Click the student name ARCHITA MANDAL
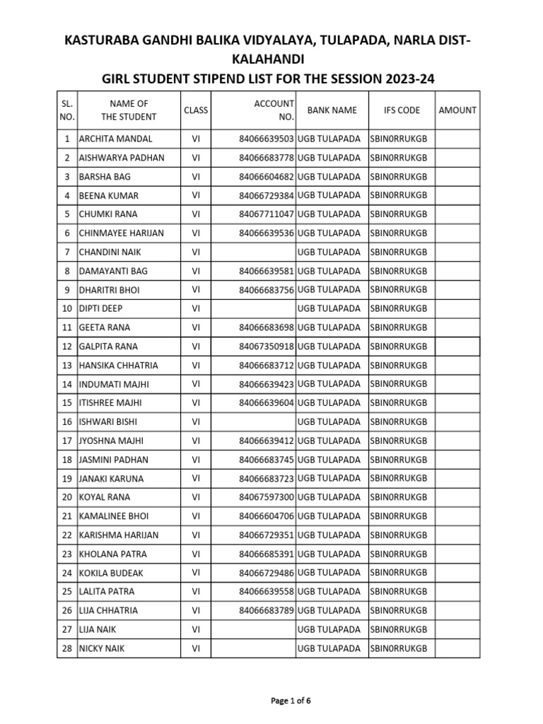(115, 139)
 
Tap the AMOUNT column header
(457, 110)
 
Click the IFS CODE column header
(401, 110)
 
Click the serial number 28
(67, 648)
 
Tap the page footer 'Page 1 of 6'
(291, 701)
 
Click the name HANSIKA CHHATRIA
(118, 366)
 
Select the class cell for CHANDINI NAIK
(196, 252)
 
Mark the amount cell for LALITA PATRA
(457, 591)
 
